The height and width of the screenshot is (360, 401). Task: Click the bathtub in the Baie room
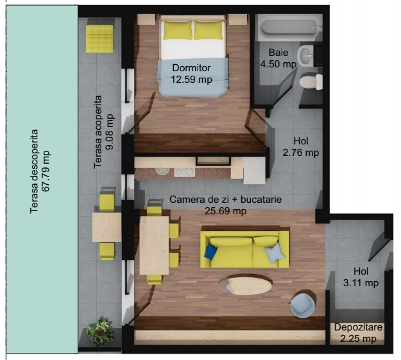[x=289, y=28]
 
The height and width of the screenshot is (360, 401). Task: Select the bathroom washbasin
[x=305, y=56]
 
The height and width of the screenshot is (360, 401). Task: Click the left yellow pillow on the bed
[x=178, y=30]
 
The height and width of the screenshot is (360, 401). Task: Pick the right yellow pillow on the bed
[x=209, y=30]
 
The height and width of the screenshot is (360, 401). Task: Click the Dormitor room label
[x=191, y=68]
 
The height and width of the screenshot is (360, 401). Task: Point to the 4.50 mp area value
[x=278, y=64]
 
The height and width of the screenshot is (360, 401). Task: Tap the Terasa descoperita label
[x=34, y=171]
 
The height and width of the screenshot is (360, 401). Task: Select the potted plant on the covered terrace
[x=100, y=331]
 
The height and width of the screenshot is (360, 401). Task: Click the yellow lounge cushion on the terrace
[x=99, y=39]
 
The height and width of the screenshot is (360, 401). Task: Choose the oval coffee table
[x=245, y=285]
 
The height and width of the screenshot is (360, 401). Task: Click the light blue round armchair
[x=303, y=305]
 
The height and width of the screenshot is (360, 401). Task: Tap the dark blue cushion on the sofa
[x=210, y=252]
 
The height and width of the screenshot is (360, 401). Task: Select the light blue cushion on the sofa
[x=275, y=253]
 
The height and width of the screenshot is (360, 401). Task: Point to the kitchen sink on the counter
[x=162, y=171]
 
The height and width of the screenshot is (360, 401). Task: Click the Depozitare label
[x=358, y=327]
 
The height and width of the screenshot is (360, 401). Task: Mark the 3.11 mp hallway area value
[x=361, y=283]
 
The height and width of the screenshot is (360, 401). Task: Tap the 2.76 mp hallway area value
[x=301, y=153]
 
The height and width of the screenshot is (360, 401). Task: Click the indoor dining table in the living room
[x=154, y=245]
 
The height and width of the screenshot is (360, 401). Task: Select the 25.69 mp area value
[x=225, y=211]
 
